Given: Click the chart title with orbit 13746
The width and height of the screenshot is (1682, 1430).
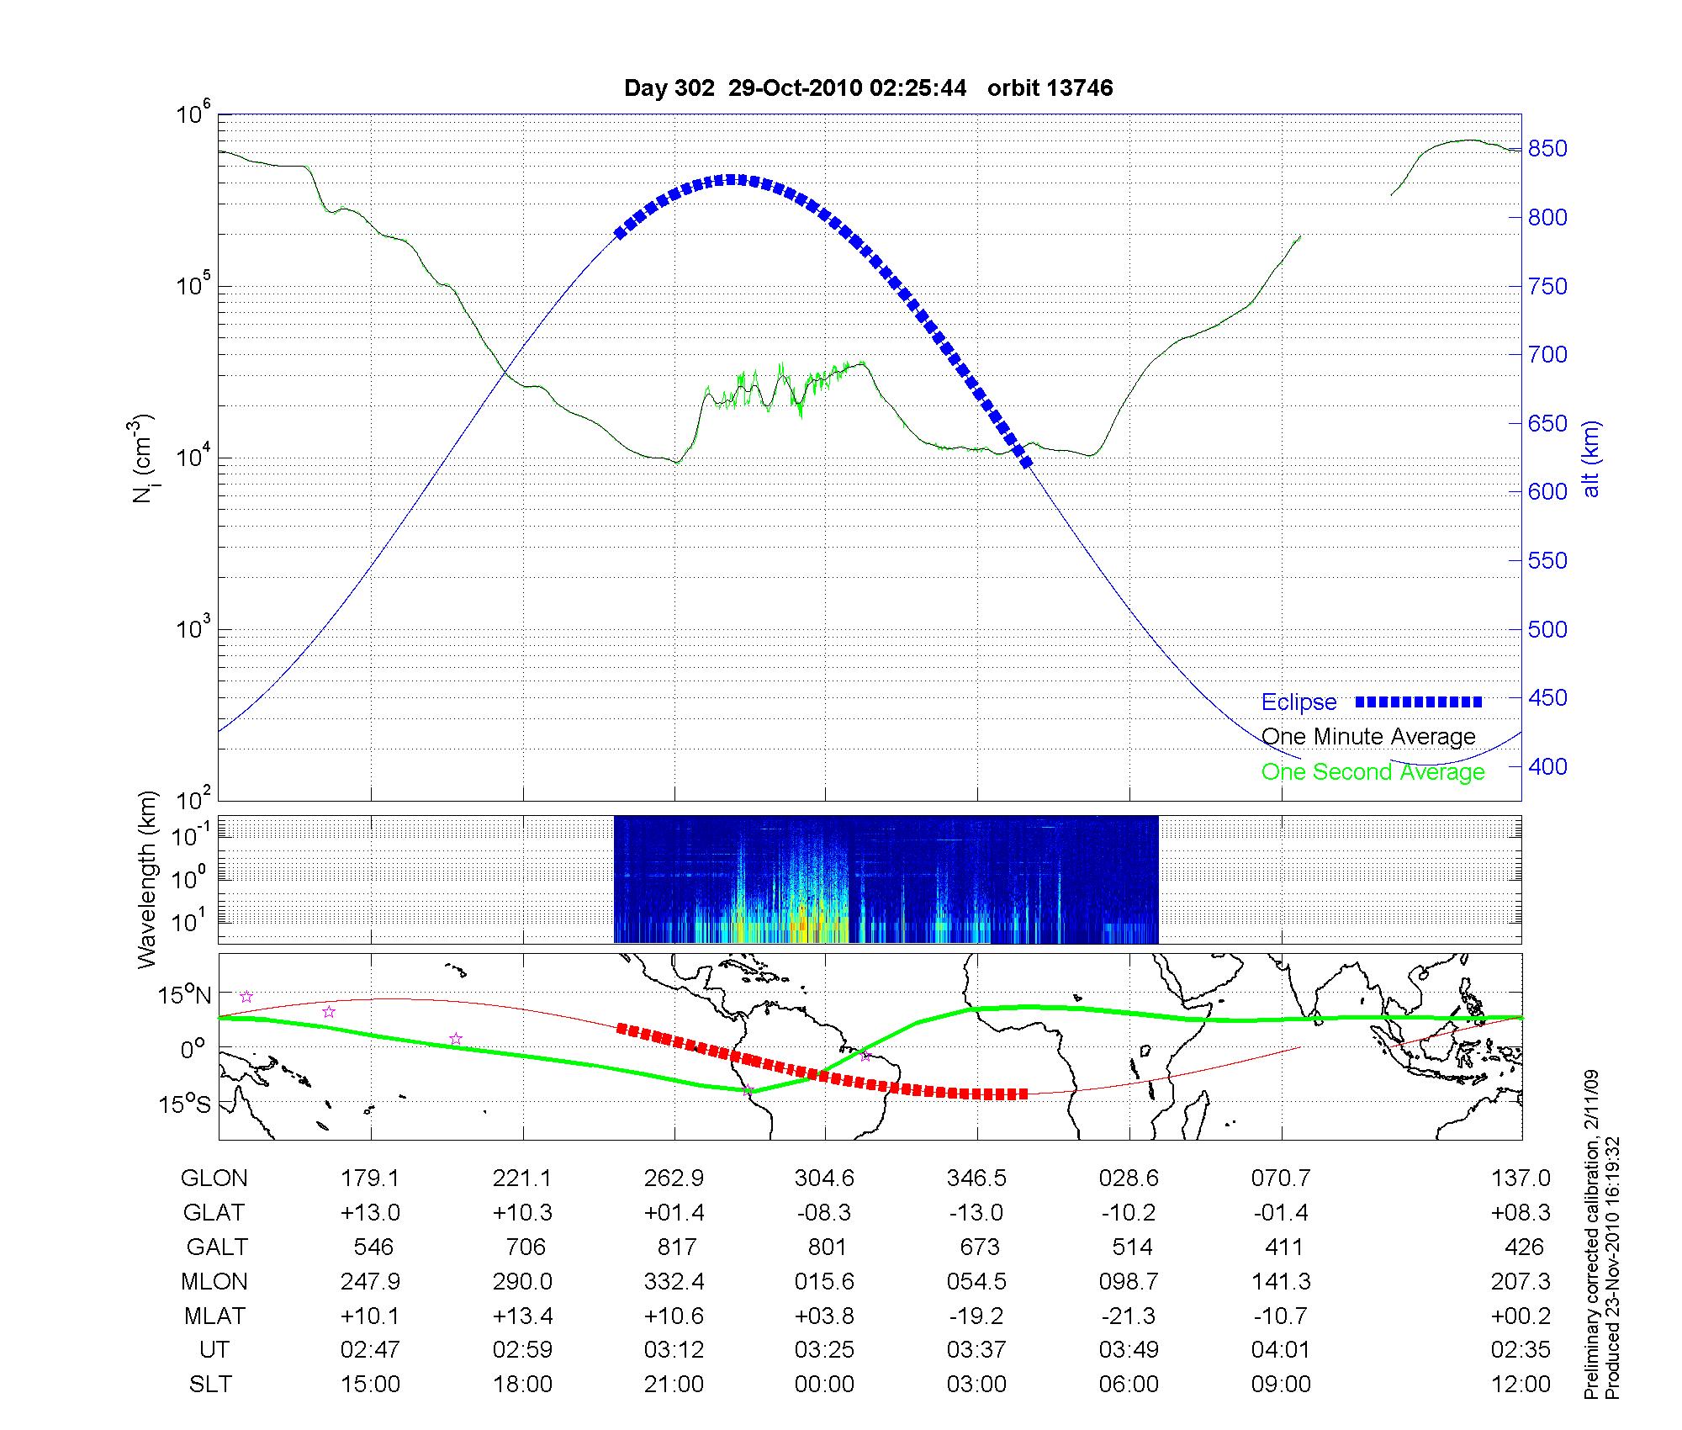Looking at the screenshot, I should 868,88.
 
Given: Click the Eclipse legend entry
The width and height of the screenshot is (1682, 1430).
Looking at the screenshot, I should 1299,702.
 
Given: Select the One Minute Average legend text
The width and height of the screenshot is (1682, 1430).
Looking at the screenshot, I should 1368,737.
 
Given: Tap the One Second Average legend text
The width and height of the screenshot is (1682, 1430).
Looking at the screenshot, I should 1373,772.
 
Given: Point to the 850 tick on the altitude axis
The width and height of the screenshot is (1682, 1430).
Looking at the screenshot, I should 1547,149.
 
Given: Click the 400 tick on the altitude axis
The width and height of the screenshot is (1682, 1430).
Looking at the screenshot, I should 1547,767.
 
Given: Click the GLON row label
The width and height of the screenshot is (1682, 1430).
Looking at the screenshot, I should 214,1178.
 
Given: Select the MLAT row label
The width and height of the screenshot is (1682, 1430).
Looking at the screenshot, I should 214,1316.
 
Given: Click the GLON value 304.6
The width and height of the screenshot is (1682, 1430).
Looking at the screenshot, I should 824,1178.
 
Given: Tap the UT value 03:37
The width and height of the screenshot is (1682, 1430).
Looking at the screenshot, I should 976,1350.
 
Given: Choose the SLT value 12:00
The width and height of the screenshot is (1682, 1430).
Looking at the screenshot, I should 1521,1385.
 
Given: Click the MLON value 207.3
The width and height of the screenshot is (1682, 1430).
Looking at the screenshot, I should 1521,1282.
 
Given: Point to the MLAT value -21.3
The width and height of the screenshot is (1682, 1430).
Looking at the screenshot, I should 1129,1316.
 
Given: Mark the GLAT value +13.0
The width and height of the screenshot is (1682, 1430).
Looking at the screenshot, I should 370,1213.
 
